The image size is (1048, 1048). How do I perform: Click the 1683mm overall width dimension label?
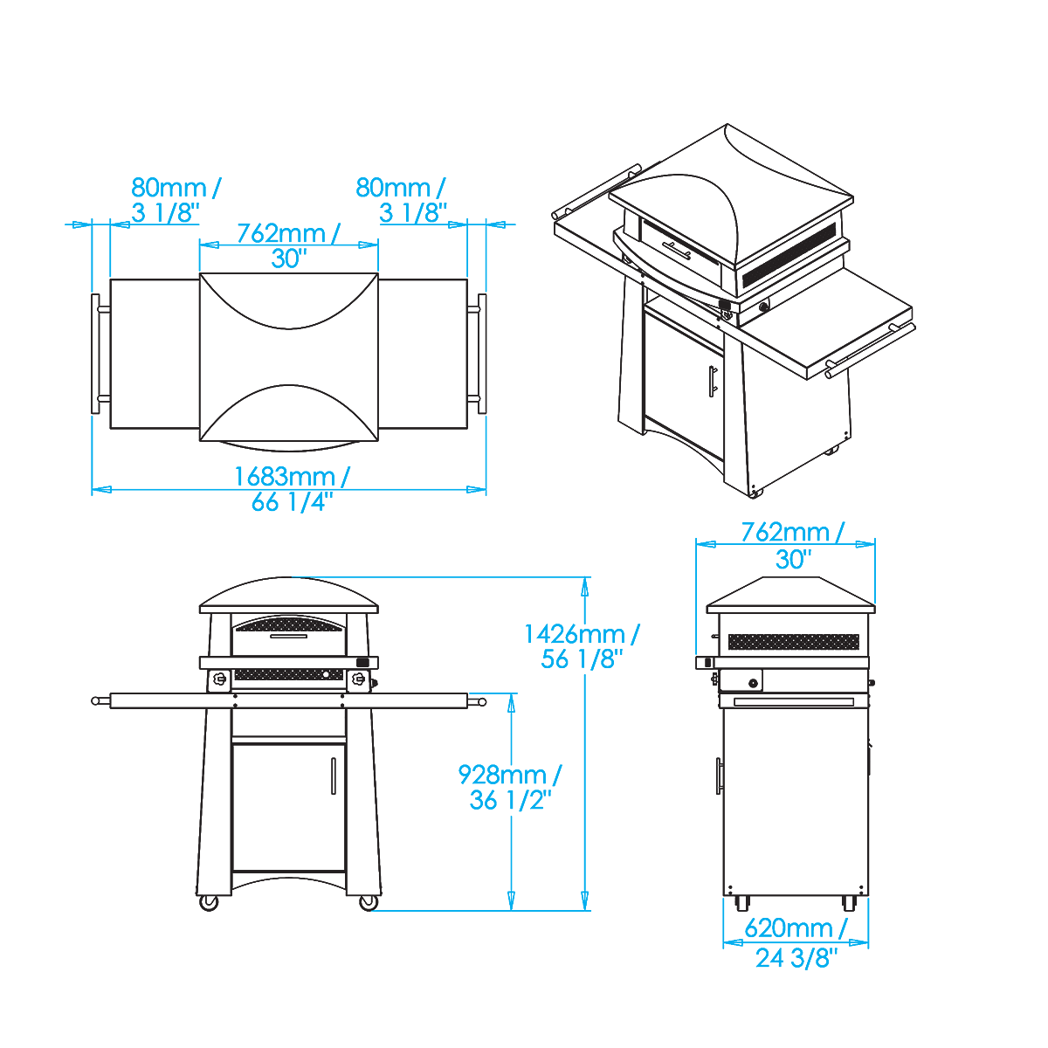[292, 489]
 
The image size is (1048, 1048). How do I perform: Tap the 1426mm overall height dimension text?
[582, 646]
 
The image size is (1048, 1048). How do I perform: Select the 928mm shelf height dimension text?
[510, 787]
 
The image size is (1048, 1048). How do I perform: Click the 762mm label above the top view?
[289, 245]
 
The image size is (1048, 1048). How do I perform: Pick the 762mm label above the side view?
[793, 545]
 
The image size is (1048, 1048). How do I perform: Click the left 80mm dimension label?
[176, 200]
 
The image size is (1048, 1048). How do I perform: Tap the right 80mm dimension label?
[401, 200]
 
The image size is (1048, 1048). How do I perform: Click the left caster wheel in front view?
[209, 903]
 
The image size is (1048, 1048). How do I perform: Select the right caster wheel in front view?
[369, 903]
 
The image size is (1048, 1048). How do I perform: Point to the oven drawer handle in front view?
[289, 636]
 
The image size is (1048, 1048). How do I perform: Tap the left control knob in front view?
[220, 679]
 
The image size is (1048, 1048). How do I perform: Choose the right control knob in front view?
[358, 679]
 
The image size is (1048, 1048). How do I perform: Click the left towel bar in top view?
[96, 354]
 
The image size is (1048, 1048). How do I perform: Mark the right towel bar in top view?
[482, 354]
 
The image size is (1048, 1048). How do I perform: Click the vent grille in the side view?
[794, 642]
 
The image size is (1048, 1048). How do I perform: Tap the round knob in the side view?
[754, 683]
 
